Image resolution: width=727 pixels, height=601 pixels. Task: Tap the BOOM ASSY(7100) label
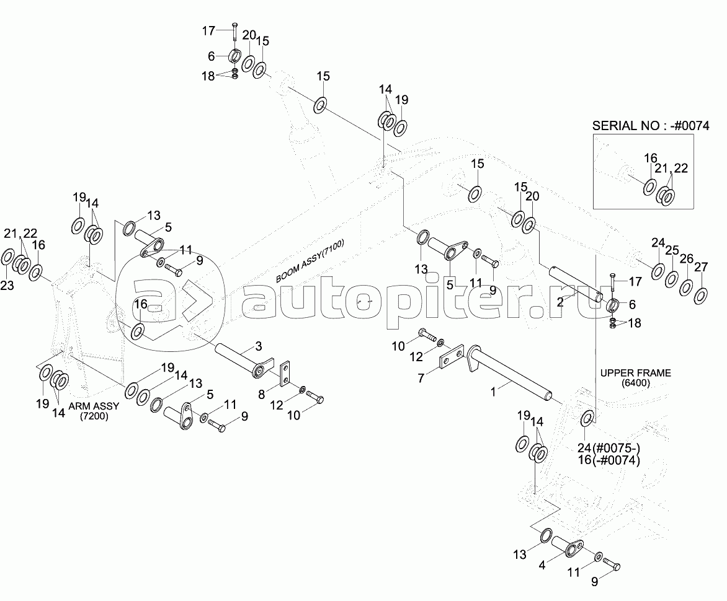[x=310, y=262]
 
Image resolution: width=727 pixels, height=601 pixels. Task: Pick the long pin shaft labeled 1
[x=515, y=372]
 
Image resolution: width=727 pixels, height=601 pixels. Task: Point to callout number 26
[x=687, y=258]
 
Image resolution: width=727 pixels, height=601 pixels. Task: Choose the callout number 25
[x=672, y=251]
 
